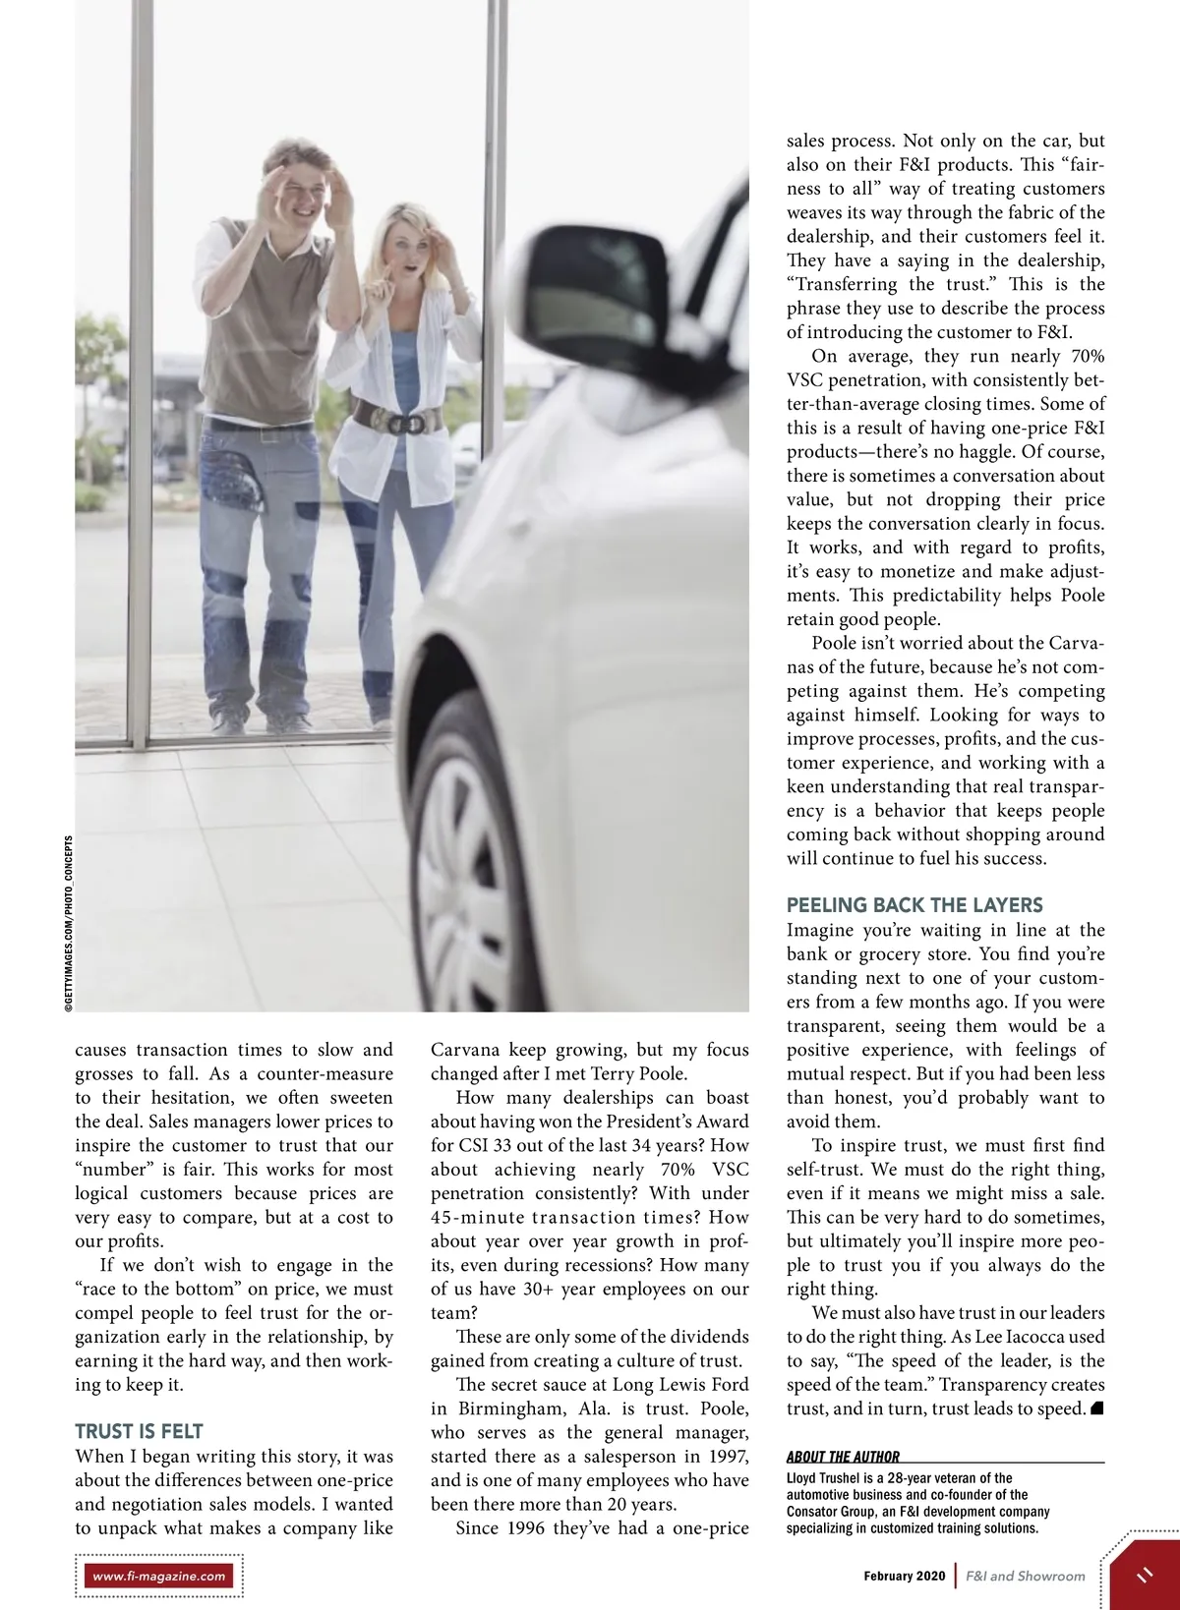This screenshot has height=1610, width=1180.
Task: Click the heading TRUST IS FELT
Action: [x=139, y=1431]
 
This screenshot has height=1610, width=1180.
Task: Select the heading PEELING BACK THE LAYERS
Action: [x=914, y=905]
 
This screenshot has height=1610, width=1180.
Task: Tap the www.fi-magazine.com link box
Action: [x=159, y=1576]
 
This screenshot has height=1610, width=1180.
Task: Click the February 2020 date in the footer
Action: [x=904, y=1576]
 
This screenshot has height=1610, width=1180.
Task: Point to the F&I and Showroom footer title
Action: [x=1025, y=1576]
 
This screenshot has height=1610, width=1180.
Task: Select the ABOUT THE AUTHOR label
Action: [x=843, y=1457]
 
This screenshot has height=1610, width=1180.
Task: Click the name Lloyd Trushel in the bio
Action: [x=823, y=1478]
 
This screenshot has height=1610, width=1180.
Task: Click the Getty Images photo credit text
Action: [x=68, y=923]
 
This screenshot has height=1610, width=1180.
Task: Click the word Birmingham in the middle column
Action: [x=511, y=1409]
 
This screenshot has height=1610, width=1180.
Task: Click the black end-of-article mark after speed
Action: [x=1097, y=1409]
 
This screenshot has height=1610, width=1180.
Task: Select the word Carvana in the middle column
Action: [x=465, y=1050]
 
